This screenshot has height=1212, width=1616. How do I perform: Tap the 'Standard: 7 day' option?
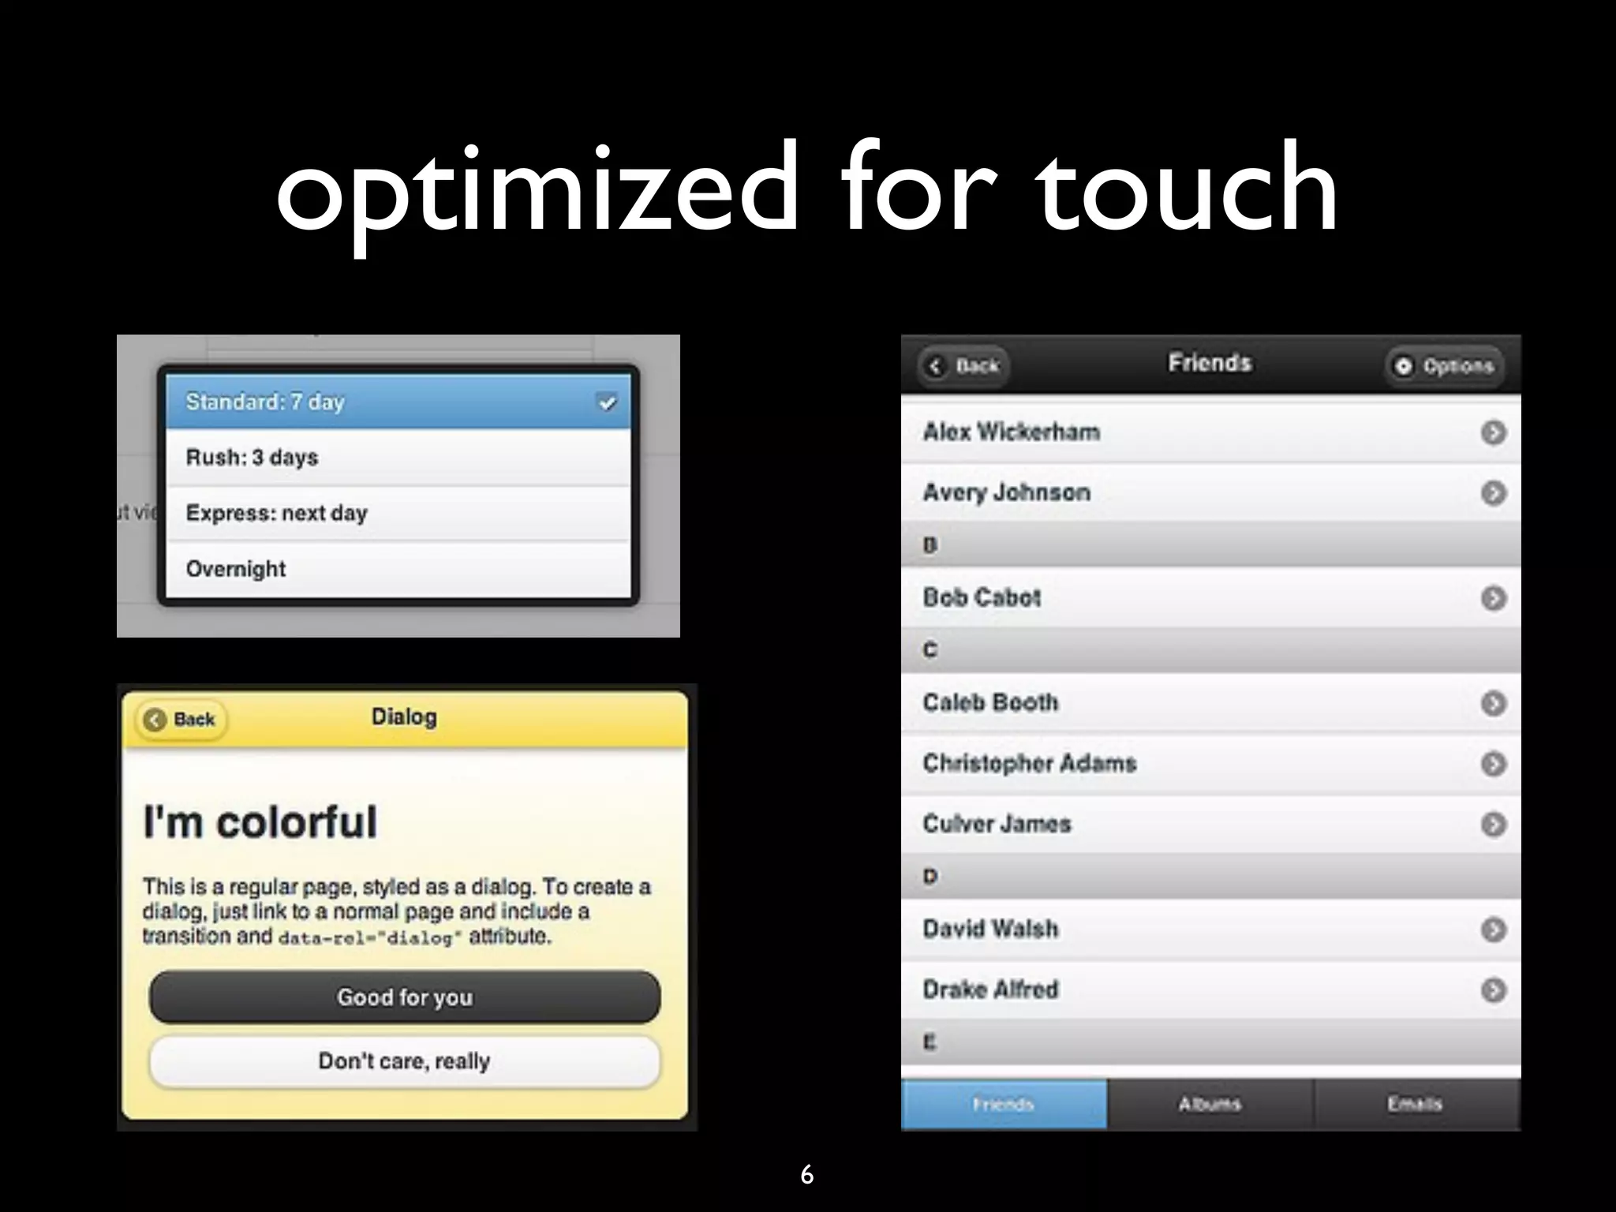click(398, 402)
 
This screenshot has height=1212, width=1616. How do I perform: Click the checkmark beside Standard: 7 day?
click(607, 403)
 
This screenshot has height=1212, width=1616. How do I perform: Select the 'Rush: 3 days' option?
click(398, 458)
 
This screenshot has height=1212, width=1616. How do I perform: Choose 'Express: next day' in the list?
click(398, 513)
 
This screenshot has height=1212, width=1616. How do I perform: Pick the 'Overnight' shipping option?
click(398, 569)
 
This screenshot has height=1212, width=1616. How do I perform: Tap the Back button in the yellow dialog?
click(181, 720)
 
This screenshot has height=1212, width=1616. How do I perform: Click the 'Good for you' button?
click(405, 997)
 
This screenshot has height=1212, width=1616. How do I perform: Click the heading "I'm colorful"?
click(260, 821)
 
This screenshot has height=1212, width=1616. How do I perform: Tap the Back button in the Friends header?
click(964, 366)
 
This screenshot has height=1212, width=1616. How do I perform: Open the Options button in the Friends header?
click(1444, 366)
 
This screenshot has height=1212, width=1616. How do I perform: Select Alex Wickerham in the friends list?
click(1012, 432)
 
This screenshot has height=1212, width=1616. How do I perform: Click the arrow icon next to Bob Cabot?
click(1493, 598)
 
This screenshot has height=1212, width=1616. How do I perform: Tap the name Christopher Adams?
click(1030, 763)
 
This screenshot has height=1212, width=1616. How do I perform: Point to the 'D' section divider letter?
click(931, 876)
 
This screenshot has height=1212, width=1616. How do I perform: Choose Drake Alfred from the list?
click(991, 989)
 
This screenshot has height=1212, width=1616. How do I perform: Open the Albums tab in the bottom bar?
click(1210, 1104)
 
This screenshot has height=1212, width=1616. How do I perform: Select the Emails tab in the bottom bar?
click(1416, 1104)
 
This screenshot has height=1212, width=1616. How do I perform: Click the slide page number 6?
click(806, 1175)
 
